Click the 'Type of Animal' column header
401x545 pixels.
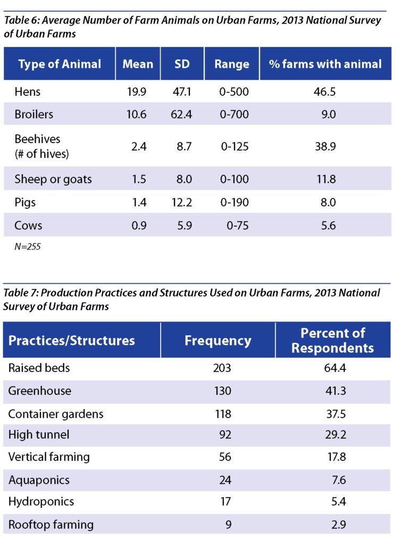[60, 64]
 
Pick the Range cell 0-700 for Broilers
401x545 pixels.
[231, 115]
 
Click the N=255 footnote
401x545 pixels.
[26, 247]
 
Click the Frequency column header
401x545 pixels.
[218, 340]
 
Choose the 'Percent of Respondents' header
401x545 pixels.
[332, 341]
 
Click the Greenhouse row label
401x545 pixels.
[39, 391]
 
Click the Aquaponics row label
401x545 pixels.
[39, 480]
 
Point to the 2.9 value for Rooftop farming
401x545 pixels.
[338, 525]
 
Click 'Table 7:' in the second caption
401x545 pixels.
[20, 293]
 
